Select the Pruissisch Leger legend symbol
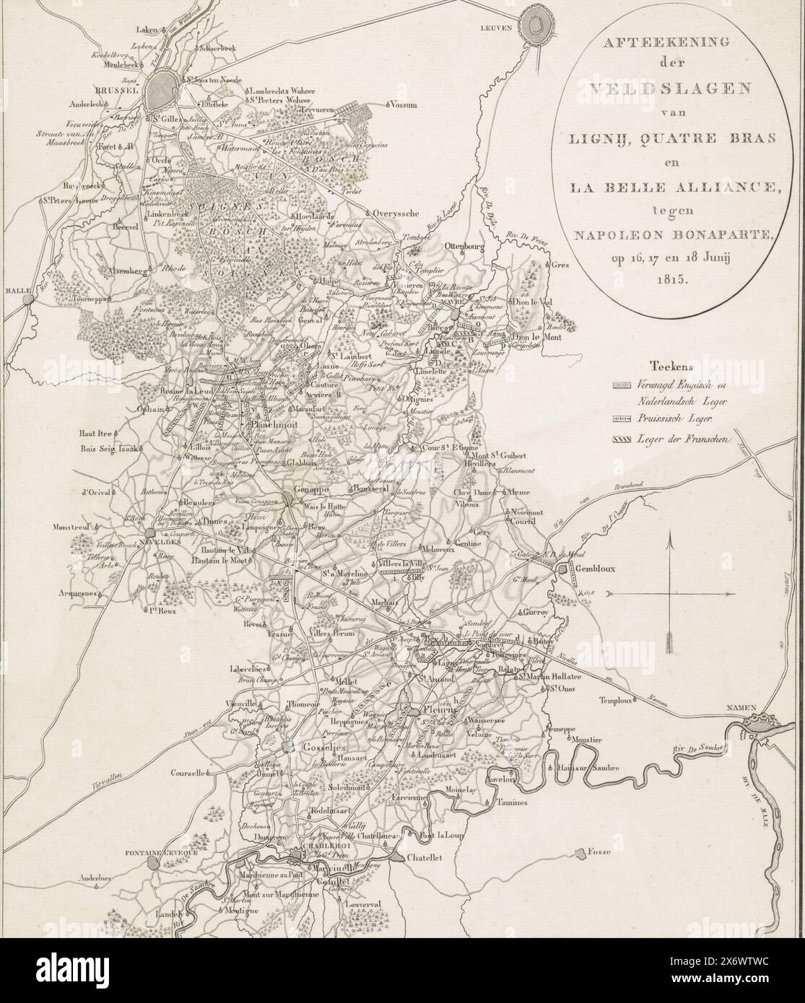pyautogui.click(x=622, y=419)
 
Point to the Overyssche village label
pyautogui.click(x=398, y=214)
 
